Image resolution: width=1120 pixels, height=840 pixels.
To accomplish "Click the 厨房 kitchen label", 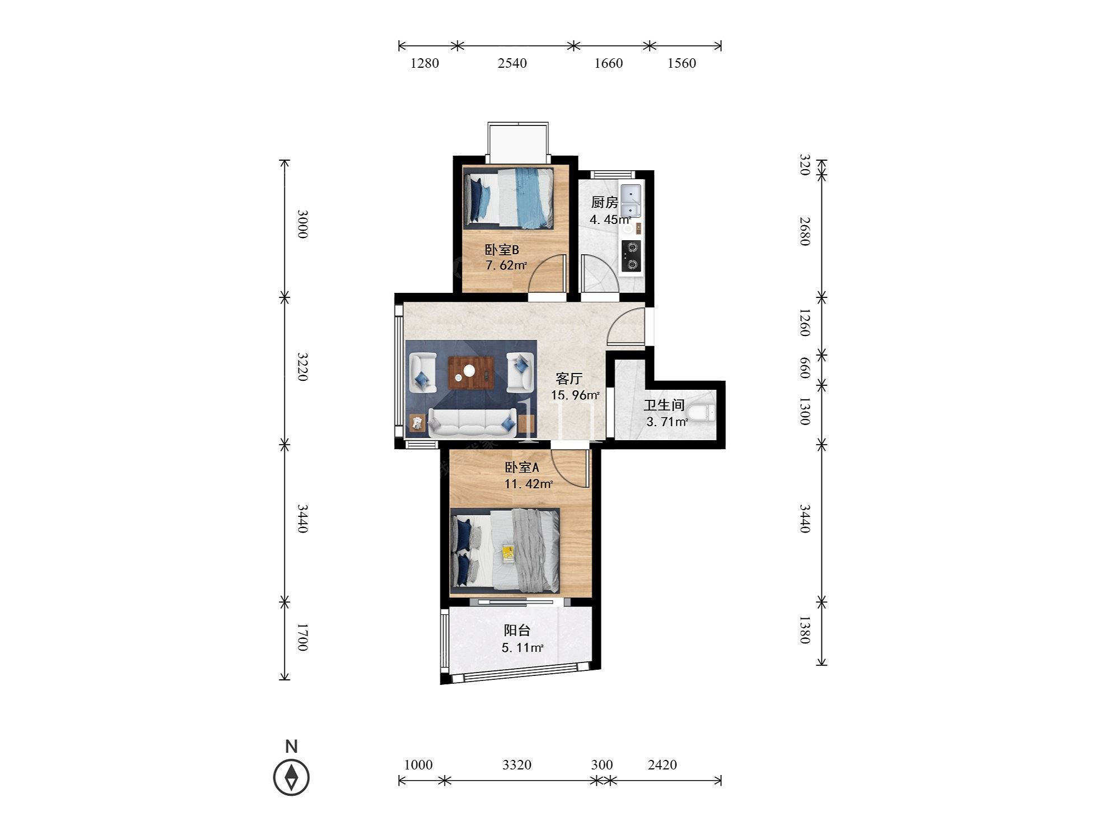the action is [604, 202].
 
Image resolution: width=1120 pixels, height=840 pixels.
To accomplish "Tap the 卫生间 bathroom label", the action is [664, 405].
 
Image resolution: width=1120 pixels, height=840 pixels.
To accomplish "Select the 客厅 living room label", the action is [569, 379].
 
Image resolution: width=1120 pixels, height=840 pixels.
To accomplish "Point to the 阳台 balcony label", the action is [517, 631].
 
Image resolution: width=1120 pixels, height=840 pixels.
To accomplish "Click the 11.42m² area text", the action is [529, 484].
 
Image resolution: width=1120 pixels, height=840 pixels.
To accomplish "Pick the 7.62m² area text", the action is [506, 265].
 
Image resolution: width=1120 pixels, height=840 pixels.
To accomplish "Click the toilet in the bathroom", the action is [702, 413].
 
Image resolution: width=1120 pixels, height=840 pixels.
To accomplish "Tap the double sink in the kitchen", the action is [631, 202].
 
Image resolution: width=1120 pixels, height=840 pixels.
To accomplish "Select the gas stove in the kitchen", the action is [631, 255].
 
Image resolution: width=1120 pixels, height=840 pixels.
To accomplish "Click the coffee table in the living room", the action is [471, 372].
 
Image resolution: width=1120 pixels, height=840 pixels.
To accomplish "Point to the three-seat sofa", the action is [472, 423].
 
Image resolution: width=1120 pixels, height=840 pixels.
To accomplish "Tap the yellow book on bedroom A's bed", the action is [508, 553].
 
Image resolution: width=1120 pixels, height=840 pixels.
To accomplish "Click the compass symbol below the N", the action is [291, 777].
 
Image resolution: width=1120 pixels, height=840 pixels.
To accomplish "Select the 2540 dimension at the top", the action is [512, 63].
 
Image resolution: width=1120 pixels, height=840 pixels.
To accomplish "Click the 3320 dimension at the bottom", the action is [517, 764].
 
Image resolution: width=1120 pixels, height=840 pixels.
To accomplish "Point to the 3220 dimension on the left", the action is [302, 367].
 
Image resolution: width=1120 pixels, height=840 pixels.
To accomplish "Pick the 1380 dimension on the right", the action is [804, 630].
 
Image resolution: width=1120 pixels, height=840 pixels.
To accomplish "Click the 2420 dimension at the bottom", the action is [662, 764].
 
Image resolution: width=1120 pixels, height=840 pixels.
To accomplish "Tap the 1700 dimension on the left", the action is [302, 637].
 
